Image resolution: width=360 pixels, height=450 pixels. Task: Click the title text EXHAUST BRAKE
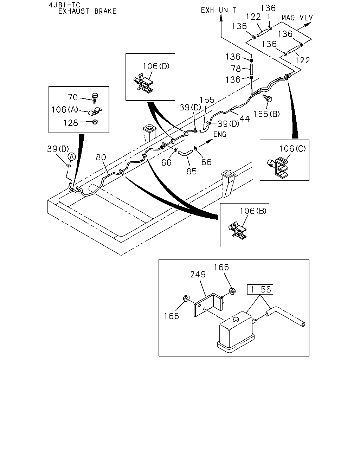click(x=87, y=11)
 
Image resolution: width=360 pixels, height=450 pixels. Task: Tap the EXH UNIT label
click(x=219, y=10)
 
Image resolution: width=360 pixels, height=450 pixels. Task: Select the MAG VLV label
click(x=297, y=18)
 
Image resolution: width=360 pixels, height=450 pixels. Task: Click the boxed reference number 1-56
click(x=260, y=289)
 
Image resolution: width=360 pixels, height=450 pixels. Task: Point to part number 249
click(x=198, y=274)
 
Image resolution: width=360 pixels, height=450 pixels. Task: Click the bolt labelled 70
click(x=95, y=98)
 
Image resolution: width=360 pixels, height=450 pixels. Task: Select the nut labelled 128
click(x=95, y=122)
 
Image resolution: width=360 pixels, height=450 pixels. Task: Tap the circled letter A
click(x=71, y=156)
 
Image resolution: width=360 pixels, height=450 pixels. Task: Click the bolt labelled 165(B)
click(x=268, y=98)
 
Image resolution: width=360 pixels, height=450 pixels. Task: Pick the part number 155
click(x=207, y=100)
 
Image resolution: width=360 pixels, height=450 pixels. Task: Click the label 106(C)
click(x=292, y=149)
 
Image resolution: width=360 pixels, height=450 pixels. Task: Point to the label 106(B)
click(x=253, y=211)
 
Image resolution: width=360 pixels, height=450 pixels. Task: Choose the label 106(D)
click(x=156, y=66)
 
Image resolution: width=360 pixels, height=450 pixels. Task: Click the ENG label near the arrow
click(x=220, y=134)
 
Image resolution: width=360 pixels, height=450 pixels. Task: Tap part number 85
click(x=191, y=171)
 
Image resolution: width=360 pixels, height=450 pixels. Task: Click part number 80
click(x=101, y=157)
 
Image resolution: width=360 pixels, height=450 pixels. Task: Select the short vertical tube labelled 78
click(x=252, y=69)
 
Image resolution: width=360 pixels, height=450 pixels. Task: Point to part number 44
click(x=245, y=119)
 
